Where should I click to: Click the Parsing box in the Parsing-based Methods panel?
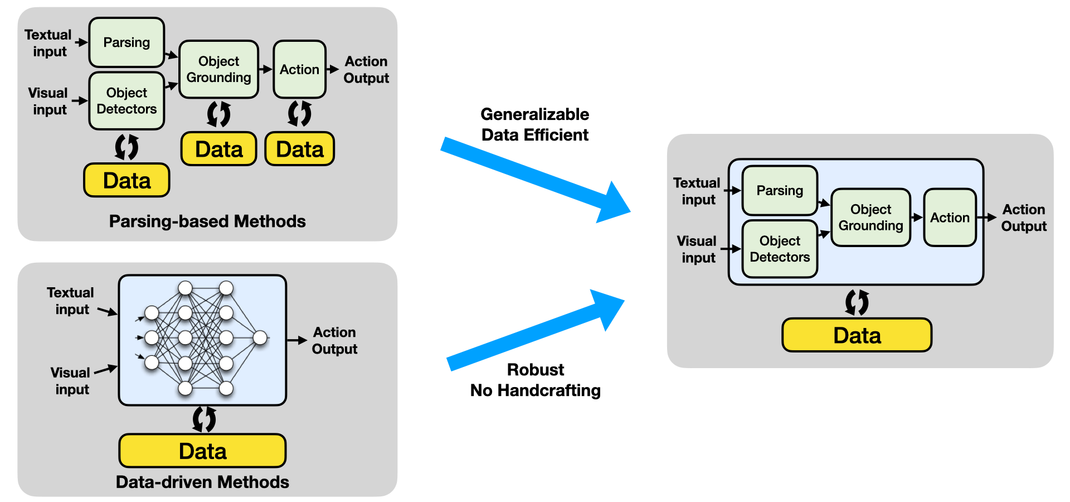click(x=127, y=42)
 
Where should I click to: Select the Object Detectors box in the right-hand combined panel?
click(x=780, y=249)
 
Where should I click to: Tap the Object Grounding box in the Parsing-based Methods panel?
click(x=218, y=69)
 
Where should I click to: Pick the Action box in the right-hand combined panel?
click(x=950, y=218)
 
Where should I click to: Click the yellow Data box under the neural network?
click(x=202, y=451)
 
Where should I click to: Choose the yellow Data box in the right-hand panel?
click(x=857, y=335)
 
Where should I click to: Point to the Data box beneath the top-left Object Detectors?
click(x=127, y=180)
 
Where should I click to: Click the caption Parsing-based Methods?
click(x=207, y=221)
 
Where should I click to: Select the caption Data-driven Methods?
click(x=202, y=482)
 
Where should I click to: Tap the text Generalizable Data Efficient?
click(x=534, y=124)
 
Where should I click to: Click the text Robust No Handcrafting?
click(x=535, y=380)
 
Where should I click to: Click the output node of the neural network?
click(x=260, y=337)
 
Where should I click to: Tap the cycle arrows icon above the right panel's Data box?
click(x=857, y=302)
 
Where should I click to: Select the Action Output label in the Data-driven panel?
click(x=334, y=340)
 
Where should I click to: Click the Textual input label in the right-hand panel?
click(x=697, y=191)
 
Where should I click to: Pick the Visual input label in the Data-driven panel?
click(x=71, y=381)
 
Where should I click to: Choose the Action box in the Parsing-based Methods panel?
click(x=299, y=69)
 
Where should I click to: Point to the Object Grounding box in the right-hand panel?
click(x=870, y=218)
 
